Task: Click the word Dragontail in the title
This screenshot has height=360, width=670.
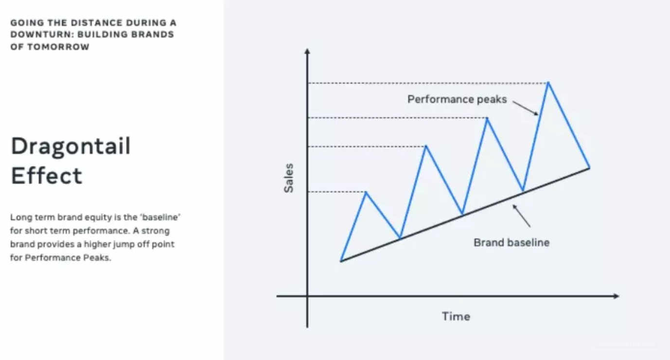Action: [71, 146]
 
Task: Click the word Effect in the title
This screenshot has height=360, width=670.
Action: [46, 176]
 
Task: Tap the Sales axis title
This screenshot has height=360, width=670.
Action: [289, 178]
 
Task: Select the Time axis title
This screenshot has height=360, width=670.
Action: [456, 317]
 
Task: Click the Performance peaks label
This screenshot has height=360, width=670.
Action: [457, 99]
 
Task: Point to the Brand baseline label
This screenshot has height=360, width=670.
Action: [511, 243]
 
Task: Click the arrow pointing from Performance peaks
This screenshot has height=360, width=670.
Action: [526, 108]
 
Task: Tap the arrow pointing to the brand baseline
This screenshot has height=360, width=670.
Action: [521, 216]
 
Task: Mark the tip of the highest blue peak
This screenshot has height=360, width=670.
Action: [548, 82]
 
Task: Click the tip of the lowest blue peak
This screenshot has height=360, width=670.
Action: [366, 192]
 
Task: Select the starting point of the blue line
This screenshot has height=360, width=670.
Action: [341, 261]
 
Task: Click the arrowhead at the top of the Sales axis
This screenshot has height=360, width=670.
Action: [307, 51]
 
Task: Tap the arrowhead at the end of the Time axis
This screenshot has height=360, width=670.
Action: [616, 296]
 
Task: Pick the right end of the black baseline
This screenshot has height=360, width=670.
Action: [589, 168]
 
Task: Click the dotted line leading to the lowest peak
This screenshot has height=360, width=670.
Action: [337, 192]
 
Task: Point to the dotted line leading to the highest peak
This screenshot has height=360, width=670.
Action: [428, 83]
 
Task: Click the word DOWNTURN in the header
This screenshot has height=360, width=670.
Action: [42, 35]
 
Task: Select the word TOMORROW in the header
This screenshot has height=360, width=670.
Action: [58, 47]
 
